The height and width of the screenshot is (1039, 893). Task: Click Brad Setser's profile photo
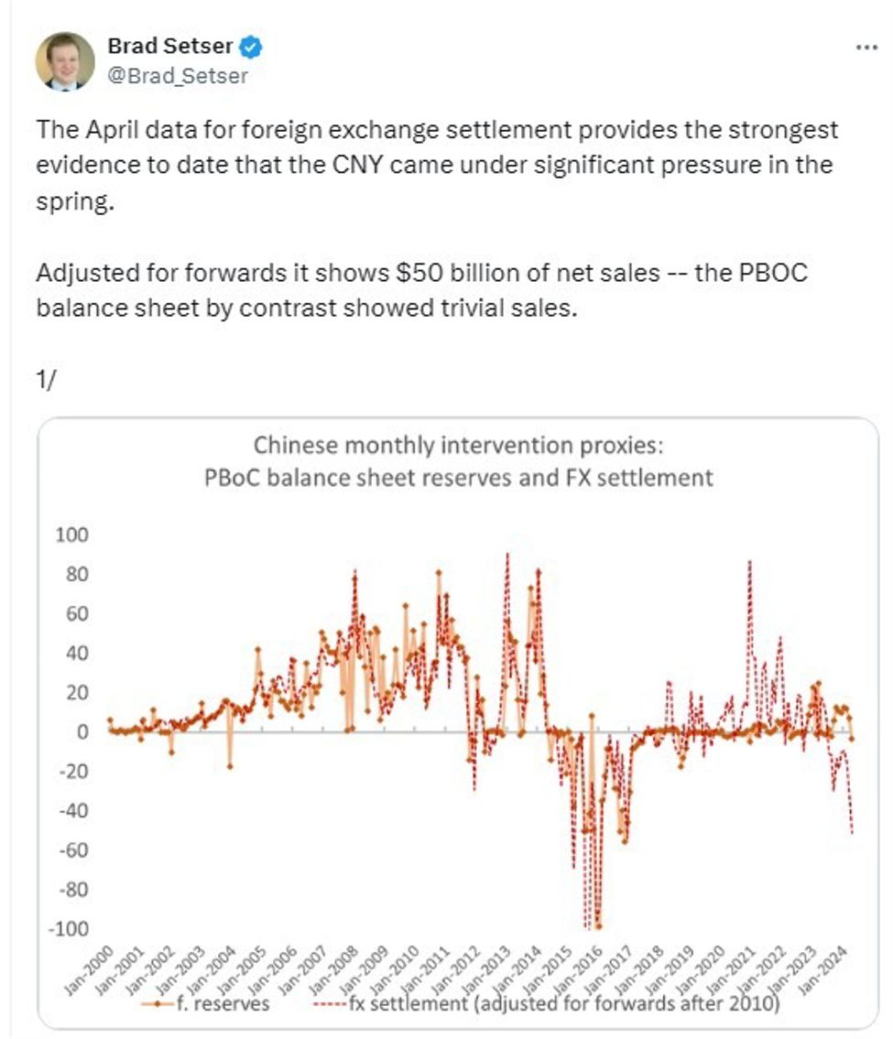coord(65,61)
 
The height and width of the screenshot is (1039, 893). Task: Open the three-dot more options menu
coord(865,48)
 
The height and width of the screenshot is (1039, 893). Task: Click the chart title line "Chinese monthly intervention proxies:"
coord(457,446)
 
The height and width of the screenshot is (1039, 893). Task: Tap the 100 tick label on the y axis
coord(74,535)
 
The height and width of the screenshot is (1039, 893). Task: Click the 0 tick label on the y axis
coord(83,732)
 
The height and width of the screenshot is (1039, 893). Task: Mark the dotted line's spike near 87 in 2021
coord(750,561)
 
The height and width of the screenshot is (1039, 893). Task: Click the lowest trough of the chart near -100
coord(598,926)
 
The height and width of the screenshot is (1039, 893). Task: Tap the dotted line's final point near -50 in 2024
coord(852,831)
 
